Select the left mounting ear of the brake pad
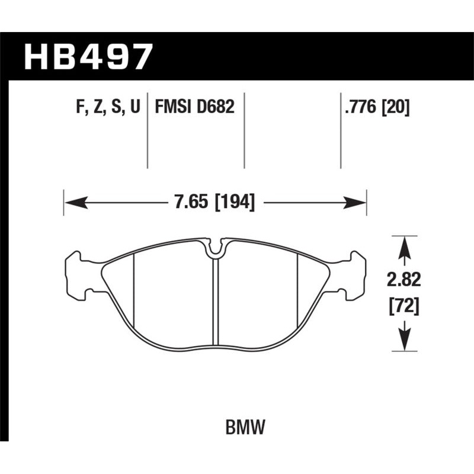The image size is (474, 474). pos(76,273)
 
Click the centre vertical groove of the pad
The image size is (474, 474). pos(216,302)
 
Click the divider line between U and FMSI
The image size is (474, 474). pos(148,130)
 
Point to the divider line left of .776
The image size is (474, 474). pos(341,130)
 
